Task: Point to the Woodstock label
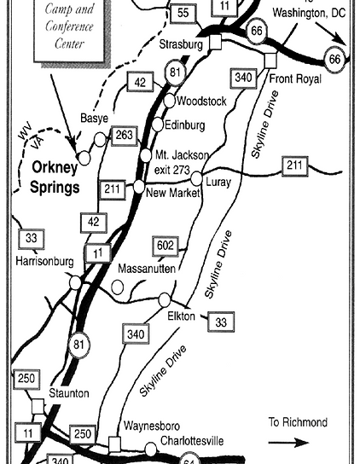pos(201,101)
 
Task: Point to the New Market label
pos(173,193)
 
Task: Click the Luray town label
pos(218,181)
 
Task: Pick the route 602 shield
pos(166,246)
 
